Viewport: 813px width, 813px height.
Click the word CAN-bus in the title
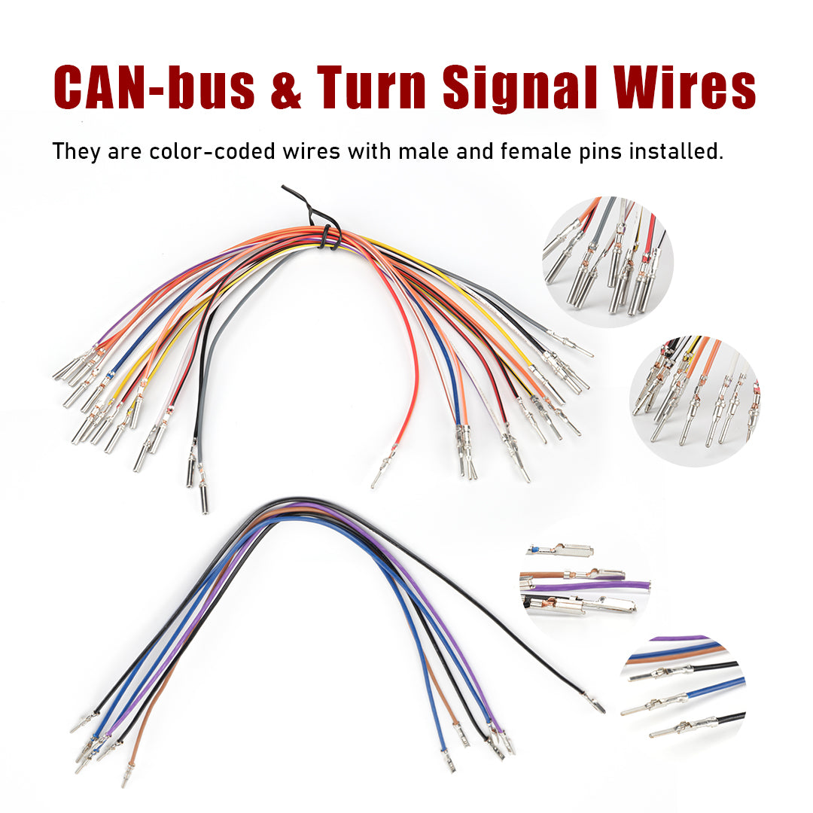pos(154,87)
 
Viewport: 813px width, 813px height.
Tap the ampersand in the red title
pos(286,88)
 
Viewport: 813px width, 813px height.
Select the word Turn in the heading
pos(371,87)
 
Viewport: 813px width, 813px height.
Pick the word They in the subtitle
pos(76,152)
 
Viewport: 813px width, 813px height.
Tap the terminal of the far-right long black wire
pos(595,702)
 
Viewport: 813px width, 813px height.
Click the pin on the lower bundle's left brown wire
pos(126,774)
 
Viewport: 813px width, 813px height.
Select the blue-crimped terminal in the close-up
pos(560,550)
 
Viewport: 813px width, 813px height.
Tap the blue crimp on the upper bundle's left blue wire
pos(109,376)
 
